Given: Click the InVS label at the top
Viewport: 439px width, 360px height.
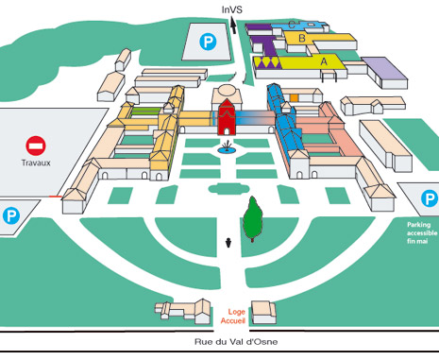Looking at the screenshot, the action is [232, 9].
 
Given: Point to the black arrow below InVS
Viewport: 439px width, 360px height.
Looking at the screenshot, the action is [233, 26].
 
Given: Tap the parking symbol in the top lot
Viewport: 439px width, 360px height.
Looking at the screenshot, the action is [208, 42].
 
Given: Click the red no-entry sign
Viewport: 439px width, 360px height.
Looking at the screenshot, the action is [36, 146].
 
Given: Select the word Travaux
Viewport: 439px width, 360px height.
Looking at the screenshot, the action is [36, 163].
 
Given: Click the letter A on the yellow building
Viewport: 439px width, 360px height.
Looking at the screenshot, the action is [324, 61].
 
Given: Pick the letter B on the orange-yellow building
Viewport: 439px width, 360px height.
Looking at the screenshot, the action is [302, 39].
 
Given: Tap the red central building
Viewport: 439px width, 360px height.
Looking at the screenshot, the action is [227, 116].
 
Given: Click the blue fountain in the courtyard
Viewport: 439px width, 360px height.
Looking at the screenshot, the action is [227, 148].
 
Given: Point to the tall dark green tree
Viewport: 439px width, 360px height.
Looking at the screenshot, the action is [252, 219].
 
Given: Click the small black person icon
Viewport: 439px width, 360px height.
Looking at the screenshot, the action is [228, 243].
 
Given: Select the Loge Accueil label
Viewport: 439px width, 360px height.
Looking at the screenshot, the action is [233, 317].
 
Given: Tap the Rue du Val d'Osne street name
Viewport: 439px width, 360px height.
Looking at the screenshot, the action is [236, 342].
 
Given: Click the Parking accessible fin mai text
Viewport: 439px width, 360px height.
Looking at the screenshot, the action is [422, 232].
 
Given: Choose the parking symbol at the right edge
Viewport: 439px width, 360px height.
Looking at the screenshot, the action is [430, 198].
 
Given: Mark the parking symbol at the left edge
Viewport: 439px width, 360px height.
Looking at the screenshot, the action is [11, 215].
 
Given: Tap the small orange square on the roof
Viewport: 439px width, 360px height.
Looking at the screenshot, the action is [294, 98].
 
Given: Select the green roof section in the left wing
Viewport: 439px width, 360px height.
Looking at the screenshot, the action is [145, 111].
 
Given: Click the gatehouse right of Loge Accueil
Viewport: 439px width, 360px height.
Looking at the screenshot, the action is [263, 313].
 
